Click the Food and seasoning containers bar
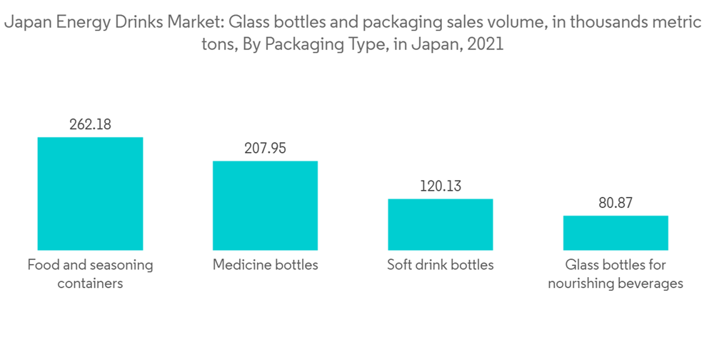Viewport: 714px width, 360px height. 90,193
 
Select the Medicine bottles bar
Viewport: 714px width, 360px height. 265,205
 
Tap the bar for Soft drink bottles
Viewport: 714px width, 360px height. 441,224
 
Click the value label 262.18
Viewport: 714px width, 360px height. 90,124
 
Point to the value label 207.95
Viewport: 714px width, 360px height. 265,149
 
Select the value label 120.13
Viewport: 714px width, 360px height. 441,186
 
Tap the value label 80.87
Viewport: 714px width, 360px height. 615,204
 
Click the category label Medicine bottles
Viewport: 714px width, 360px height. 265,265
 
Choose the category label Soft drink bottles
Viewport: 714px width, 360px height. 441,265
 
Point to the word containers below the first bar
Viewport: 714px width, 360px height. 90,284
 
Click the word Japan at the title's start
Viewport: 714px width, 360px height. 25,23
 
